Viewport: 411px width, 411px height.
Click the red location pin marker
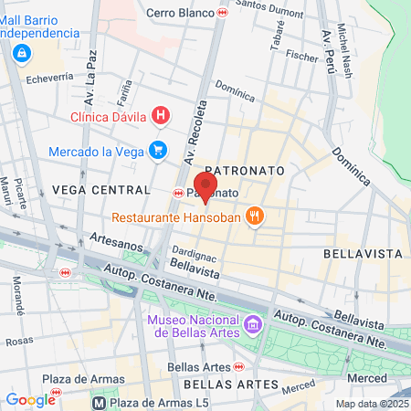pos(206,186)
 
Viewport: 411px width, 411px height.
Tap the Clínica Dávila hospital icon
pos(161,115)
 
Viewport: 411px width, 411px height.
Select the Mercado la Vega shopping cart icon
pos(159,149)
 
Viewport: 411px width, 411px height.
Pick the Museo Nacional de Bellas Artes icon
pos(253,323)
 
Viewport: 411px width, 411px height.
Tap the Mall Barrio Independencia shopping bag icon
pos(21,54)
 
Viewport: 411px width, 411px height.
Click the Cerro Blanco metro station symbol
pos(224,13)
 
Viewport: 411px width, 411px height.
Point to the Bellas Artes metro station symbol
pos(238,366)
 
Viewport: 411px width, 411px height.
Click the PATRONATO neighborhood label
pos(245,171)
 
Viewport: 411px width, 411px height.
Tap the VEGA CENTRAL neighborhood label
pos(100,189)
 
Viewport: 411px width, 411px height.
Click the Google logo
pos(30,399)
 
